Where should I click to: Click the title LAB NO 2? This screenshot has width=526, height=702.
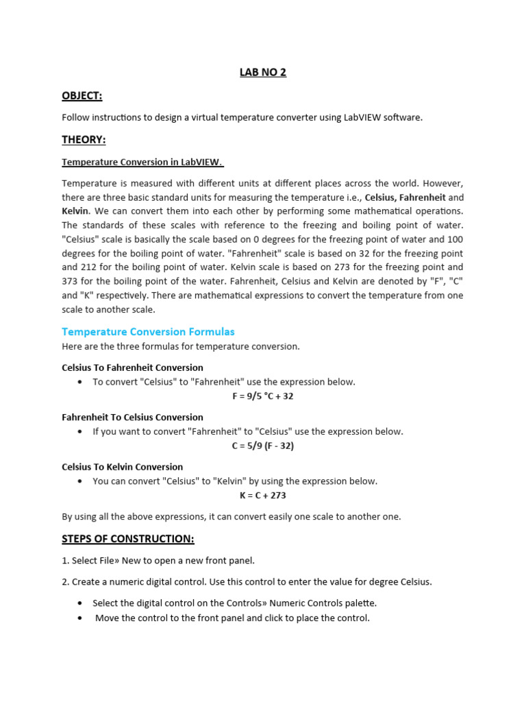coord(263,72)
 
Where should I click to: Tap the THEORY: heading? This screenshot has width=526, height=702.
coord(84,139)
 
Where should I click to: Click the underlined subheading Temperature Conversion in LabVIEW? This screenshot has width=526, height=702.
coord(142,162)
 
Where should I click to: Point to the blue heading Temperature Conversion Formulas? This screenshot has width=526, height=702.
coord(148,331)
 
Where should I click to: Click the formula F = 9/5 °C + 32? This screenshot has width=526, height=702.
coord(263,396)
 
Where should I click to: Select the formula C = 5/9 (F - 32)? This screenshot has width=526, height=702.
coord(263,446)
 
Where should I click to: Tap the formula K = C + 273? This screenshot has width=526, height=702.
coord(263,495)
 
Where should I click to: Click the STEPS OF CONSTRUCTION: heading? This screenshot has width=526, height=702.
coord(128,538)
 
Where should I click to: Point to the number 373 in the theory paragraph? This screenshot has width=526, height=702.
coord(71,281)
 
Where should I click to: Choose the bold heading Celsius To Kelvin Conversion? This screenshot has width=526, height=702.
coord(122,467)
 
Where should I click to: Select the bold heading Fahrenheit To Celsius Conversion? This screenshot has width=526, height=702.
coord(132,417)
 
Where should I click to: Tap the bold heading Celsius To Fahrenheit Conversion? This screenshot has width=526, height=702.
coord(132,367)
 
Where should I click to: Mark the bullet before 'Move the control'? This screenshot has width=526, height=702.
coord(80,618)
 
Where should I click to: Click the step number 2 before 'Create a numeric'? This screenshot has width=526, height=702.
coord(64,581)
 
